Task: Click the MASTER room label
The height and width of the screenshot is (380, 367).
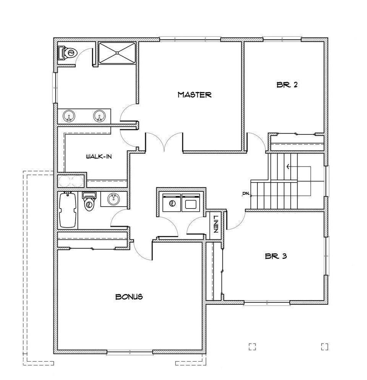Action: coord(194,95)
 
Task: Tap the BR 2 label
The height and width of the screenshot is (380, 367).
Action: coord(287,85)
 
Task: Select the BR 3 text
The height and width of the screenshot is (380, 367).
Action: coord(276,256)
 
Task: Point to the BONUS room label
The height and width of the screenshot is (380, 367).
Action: coord(129,296)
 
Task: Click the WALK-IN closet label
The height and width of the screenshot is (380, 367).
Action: coord(99,156)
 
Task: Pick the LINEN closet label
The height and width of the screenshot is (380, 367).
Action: coord(216,225)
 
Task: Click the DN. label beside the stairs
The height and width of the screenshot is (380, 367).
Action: coord(246,194)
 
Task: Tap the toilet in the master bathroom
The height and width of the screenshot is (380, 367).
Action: coord(67,52)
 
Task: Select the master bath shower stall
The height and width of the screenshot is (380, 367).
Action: coord(117,53)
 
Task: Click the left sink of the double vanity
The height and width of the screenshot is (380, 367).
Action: coord(69,115)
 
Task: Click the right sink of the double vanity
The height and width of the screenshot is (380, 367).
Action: coord(99,115)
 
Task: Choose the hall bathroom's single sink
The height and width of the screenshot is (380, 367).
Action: coord(113,199)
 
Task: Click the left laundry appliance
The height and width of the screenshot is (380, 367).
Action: coord(171,202)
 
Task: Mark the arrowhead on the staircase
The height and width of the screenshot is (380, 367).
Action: coord(288,167)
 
